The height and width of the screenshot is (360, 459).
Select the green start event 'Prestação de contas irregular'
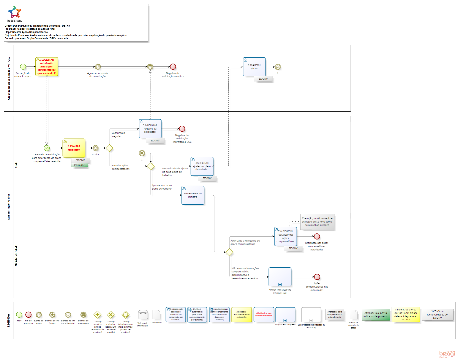[23, 67]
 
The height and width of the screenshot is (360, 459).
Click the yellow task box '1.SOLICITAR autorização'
[47, 67]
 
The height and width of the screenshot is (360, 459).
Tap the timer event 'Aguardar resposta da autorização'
[97, 67]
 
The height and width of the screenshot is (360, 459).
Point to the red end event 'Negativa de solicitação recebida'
[173, 67]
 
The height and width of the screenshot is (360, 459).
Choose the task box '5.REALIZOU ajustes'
[254, 67]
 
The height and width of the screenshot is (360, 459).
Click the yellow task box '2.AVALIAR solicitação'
[74, 148]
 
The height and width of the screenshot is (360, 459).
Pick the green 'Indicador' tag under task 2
[79, 165]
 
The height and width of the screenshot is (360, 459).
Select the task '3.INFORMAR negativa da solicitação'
[150, 128]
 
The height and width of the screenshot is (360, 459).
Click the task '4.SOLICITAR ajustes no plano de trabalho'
[202, 166]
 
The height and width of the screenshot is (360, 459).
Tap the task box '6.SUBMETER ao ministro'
[193, 195]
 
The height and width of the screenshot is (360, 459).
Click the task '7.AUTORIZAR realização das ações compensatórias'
[286, 236]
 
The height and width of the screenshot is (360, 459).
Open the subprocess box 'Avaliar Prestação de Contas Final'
[280, 277]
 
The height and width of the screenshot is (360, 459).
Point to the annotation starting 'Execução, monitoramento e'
[317, 222]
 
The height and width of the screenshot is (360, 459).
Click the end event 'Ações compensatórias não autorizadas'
[317, 277]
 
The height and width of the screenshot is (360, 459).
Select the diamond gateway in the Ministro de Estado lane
[229, 252]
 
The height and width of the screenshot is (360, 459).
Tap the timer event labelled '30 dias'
[95, 148]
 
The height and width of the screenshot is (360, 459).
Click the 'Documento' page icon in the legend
[156, 314]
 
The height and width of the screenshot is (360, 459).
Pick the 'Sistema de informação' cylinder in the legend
[143, 314]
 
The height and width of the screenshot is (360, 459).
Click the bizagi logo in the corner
[447, 354]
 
